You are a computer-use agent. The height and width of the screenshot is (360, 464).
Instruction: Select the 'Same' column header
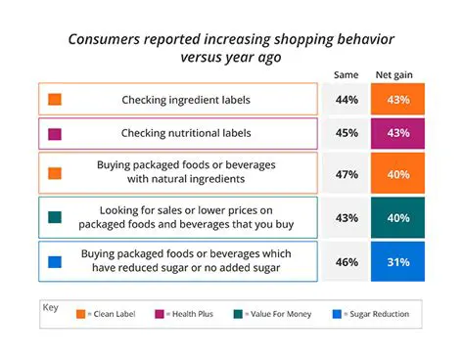[x=346, y=74]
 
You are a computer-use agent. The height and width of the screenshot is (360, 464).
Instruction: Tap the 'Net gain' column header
[x=397, y=74]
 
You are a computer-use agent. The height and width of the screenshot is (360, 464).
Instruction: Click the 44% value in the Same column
[x=346, y=100]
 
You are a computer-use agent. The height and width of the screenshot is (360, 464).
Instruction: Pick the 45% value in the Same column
[x=346, y=133]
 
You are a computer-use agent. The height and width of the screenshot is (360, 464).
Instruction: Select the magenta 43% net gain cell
[x=397, y=133]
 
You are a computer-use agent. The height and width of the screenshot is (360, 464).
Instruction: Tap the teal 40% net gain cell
[x=397, y=217]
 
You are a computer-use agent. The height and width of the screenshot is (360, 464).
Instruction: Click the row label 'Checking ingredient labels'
[x=185, y=100]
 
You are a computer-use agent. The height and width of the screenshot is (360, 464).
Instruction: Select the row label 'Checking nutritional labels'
[x=185, y=133]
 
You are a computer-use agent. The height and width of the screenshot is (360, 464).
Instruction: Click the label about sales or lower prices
[x=185, y=217]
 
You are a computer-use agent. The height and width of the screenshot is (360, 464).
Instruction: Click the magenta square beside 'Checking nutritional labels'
[x=55, y=133]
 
